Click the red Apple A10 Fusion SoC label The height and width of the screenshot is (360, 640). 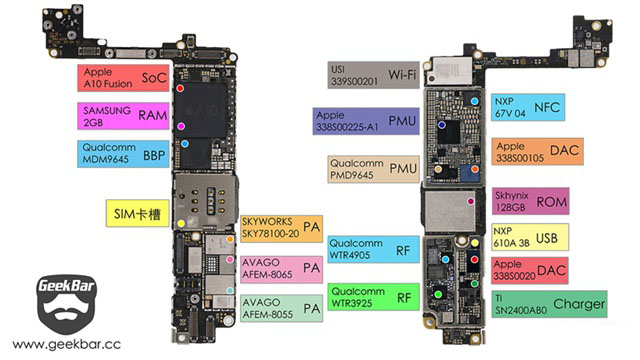123,78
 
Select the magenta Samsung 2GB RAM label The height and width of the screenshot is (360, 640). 123,116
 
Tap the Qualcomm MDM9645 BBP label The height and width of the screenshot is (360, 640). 123,153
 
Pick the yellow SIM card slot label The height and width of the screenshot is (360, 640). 138,213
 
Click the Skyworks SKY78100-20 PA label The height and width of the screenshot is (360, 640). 282,229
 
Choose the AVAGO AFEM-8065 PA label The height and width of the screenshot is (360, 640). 282,269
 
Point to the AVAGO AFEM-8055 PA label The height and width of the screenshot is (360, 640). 282,308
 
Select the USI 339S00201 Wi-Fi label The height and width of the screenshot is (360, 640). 373,75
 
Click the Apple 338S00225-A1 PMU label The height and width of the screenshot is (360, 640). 366,121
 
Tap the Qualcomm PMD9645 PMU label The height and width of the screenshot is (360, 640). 373,169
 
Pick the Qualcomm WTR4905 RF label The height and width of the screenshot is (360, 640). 373,249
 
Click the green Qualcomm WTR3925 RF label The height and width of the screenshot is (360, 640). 373,297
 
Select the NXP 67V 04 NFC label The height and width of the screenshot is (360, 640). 528,107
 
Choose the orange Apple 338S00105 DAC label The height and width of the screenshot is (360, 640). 538,151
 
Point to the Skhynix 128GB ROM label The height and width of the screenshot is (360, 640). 531,201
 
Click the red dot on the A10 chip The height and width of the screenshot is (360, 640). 180,88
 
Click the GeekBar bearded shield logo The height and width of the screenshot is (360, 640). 67,304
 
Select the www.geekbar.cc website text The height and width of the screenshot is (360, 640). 67,344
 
